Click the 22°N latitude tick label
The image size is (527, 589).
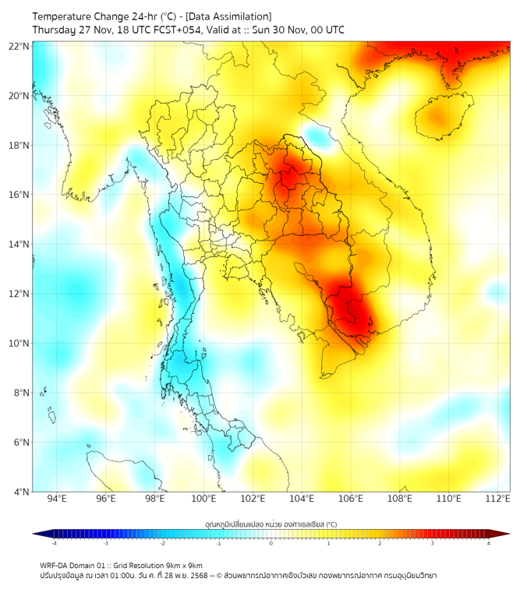pyautogui.click(x=19, y=46)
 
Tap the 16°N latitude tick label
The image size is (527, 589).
pyautogui.click(x=19, y=195)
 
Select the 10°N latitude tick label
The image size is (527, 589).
pyautogui.click(x=19, y=344)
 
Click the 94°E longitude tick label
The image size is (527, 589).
pyautogui.click(x=57, y=499)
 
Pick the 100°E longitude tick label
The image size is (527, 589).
pyautogui.click(x=203, y=499)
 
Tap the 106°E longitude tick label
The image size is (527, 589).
pyautogui.click(x=351, y=499)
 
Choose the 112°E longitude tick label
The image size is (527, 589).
pyautogui.click(x=497, y=499)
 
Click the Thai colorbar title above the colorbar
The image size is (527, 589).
pyautogui.click(x=271, y=524)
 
